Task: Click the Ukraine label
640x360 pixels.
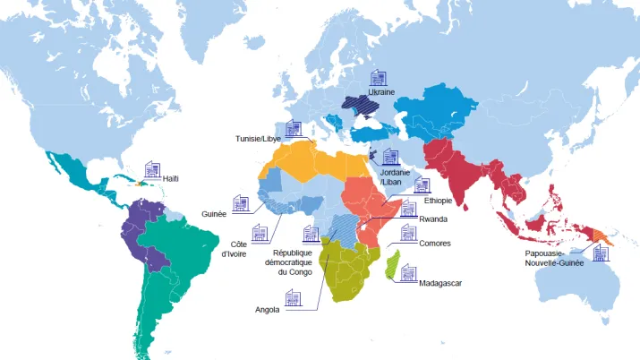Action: point(381,92)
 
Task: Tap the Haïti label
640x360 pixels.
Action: point(170,178)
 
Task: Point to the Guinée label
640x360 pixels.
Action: point(215,214)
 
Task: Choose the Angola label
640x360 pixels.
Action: point(268,309)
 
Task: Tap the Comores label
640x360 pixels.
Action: point(434,244)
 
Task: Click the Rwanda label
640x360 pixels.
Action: point(433,219)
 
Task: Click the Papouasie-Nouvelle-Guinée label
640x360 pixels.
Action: point(556,259)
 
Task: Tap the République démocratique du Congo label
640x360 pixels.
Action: point(287,262)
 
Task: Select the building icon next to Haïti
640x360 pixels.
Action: point(152,169)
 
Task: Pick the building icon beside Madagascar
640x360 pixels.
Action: point(408,271)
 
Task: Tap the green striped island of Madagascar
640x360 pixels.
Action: point(391,266)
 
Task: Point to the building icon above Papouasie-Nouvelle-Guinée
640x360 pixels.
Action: point(601,252)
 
